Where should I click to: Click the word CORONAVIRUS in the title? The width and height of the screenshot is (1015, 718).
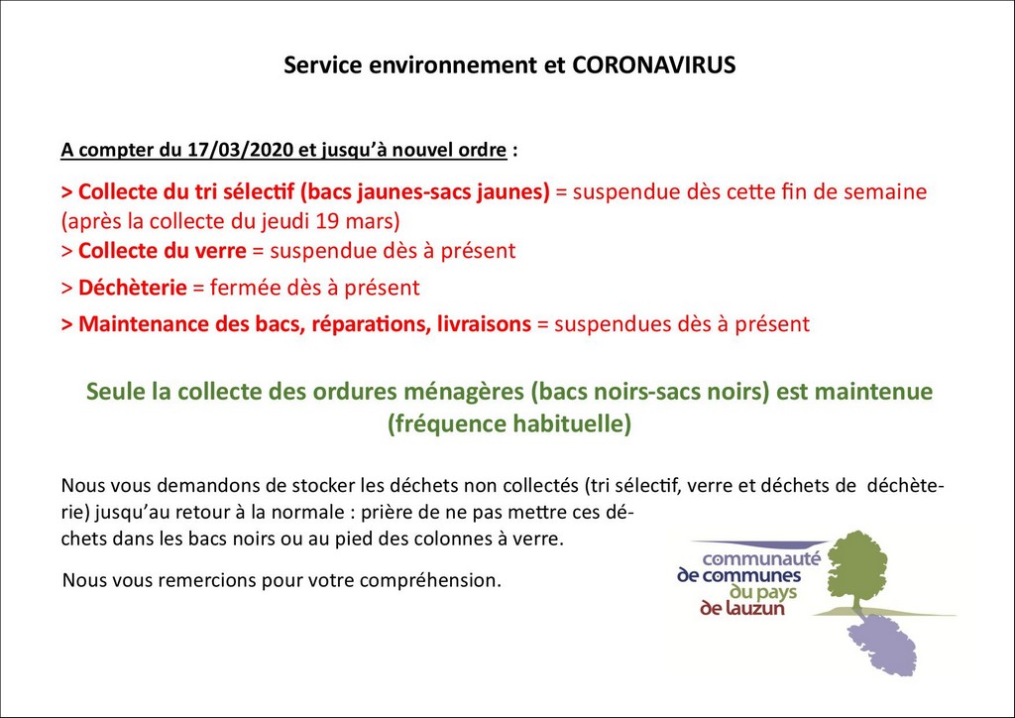[x=654, y=65]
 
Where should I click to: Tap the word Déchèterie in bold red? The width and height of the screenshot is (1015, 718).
[x=133, y=288]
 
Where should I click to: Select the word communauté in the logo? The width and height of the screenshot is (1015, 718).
[x=761, y=558]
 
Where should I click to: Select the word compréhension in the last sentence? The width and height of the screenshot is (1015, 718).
[x=430, y=581]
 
